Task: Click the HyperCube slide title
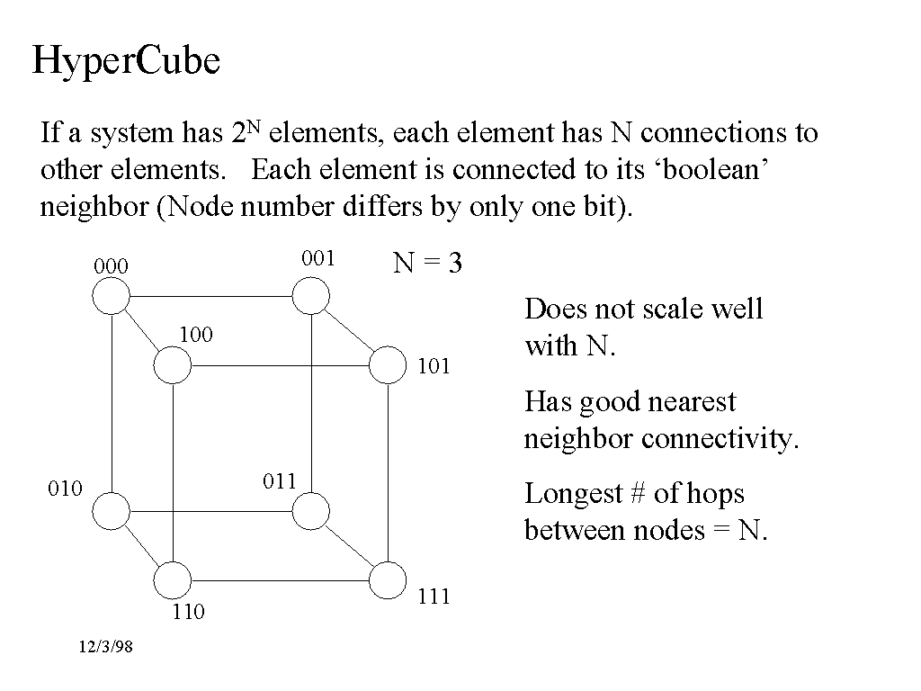click(126, 61)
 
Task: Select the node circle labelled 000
click(112, 295)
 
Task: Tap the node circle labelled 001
click(311, 295)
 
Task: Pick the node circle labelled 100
click(172, 365)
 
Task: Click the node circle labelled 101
click(388, 365)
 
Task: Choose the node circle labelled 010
click(112, 511)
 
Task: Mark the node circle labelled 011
click(311, 511)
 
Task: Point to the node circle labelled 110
click(172, 580)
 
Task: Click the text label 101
click(434, 366)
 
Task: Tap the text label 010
click(65, 489)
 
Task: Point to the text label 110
click(188, 613)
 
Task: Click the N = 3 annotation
click(427, 264)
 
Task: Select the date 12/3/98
click(105, 647)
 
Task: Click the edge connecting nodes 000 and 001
click(211, 295)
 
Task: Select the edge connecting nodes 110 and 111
click(280, 580)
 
